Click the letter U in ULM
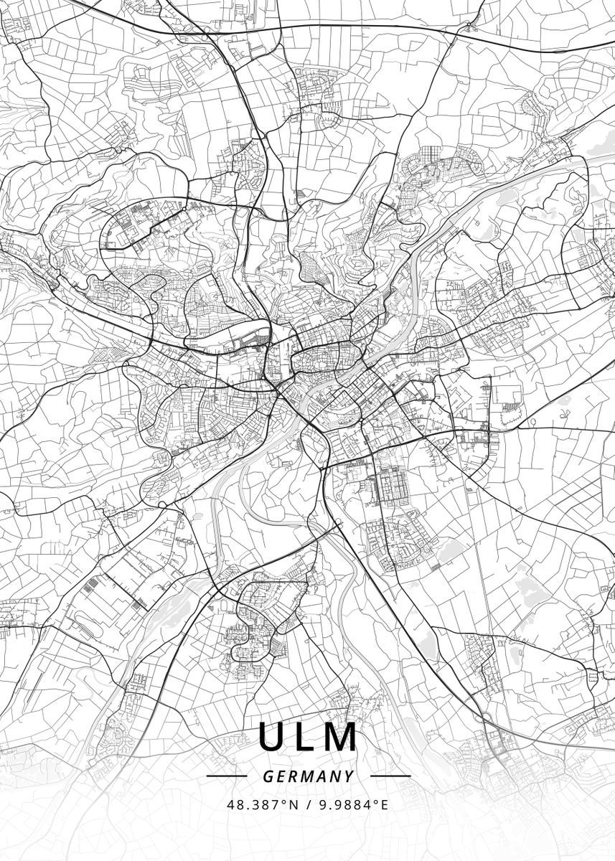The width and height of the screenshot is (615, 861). (x=272, y=737)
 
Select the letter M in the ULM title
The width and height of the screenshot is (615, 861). (x=342, y=737)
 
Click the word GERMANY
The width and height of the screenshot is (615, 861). (x=309, y=776)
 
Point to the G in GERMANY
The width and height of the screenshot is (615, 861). (x=268, y=776)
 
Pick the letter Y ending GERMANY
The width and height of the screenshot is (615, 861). (x=349, y=776)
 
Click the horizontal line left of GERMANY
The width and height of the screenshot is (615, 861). (x=227, y=776)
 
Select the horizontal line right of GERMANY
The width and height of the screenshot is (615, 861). (x=390, y=776)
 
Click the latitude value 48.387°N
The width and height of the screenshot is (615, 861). (x=263, y=805)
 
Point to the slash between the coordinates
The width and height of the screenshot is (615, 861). (x=308, y=805)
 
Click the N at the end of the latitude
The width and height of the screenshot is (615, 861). (x=294, y=805)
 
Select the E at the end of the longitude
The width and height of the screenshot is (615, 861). (x=384, y=805)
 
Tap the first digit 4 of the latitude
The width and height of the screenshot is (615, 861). (x=231, y=805)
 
